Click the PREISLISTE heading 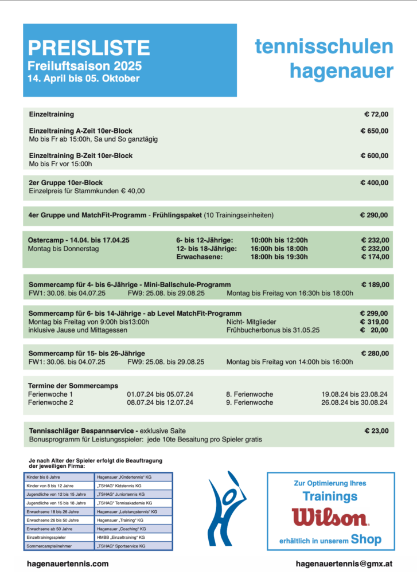click(88, 48)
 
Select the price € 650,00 click(374, 131)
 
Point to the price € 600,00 click(374, 155)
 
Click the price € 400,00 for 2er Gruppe click(374, 183)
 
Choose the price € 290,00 click(374, 216)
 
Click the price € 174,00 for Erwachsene click(375, 257)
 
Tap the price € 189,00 click(375, 284)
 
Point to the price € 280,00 click(375, 353)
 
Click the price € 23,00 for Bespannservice click(376, 431)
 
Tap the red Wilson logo click(330, 517)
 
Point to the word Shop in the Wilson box click(366, 539)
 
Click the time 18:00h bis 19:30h click(279, 257)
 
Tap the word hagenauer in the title click(341, 71)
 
